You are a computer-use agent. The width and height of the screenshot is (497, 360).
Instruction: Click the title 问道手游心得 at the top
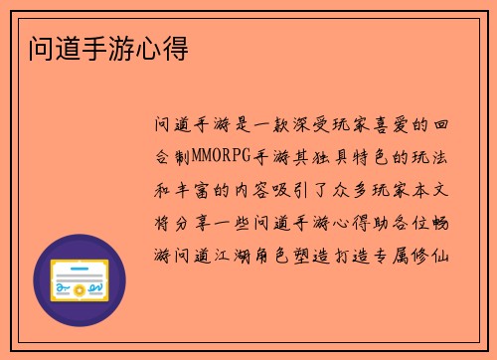pyautogui.click(x=98, y=47)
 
